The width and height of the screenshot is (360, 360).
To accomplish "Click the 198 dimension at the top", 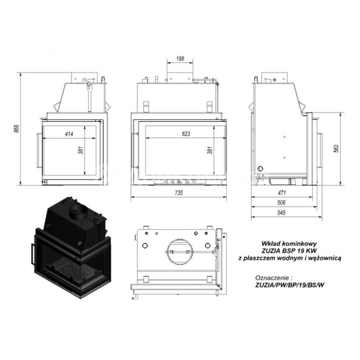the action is pyautogui.click(x=180, y=59).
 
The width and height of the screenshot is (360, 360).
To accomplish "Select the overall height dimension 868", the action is pyautogui.click(x=16, y=128).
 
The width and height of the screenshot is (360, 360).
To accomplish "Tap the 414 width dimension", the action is pyautogui.click(x=69, y=134).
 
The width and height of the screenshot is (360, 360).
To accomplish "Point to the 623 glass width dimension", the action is pyautogui.click(x=186, y=133).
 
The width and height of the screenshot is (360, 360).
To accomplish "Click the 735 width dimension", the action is pyautogui.click(x=179, y=193).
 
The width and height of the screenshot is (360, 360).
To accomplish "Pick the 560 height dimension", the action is pyautogui.click(x=337, y=148).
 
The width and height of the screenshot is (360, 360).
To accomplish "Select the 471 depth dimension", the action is pyautogui.click(x=282, y=193).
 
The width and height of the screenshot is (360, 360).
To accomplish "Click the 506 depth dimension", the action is pyautogui.click(x=281, y=203).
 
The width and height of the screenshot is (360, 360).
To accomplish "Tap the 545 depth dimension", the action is pyautogui.click(x=281, y=213).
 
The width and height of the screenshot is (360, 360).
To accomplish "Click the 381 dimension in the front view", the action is pyautogui.click(x=210, y=151).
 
